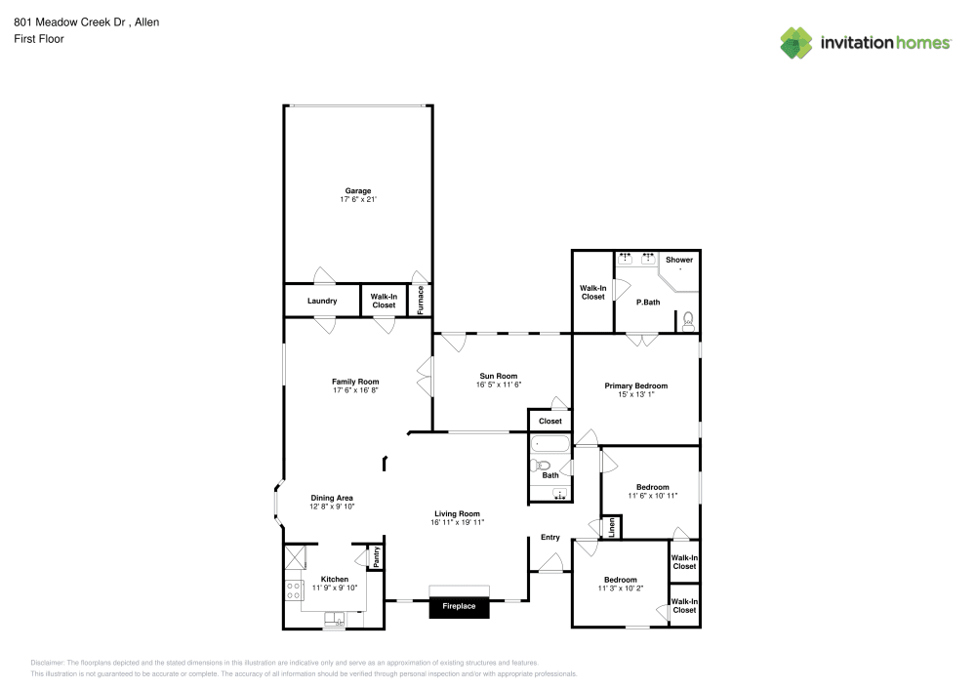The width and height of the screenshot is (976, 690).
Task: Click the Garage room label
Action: click(x=358, y=191)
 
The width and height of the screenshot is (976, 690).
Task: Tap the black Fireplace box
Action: click(x=459, y=607)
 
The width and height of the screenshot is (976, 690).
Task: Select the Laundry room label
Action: click(x=322, y=302)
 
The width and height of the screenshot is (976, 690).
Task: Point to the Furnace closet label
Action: click(x=420, y=300)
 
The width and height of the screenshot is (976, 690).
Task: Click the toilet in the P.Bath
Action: click(x=688, y=322)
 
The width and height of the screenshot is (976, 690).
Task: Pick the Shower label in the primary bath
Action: click(x=679, y=260)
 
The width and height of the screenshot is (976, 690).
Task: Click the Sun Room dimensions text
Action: click(x=499, y=385)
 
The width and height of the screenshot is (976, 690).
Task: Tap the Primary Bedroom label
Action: click(x=635, y=386)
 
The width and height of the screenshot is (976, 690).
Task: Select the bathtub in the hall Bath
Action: click(x=549, y=444)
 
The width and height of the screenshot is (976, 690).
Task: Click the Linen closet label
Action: click(x=612, y=528)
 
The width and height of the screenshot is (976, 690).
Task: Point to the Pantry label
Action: click(x=377, y=557)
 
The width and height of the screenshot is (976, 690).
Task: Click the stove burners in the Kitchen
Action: click(x=293, y=591)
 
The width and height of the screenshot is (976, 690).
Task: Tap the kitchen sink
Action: click(x=334, y=619)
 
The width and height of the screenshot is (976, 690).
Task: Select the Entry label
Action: click(x=550, y=538)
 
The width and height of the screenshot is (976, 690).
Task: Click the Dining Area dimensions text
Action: click(x=332, y=507)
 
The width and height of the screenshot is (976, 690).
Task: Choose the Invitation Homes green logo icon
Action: click(x=796, y=43)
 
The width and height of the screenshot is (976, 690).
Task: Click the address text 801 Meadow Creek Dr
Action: click(x=70, y=22)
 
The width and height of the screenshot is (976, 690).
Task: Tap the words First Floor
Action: click(x=39, y=39)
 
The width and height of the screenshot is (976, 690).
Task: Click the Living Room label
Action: click(x=458, y=514)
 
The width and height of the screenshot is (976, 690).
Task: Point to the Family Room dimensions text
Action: click(x=355, y=390)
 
